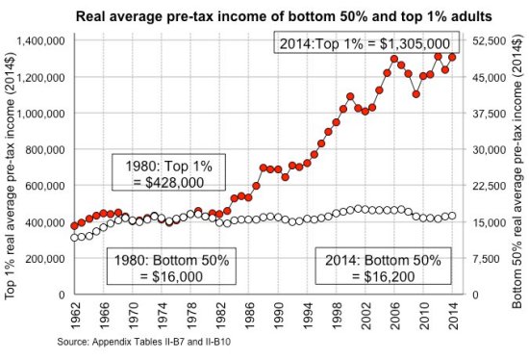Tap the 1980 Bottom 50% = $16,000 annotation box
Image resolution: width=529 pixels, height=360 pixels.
click(161, 267)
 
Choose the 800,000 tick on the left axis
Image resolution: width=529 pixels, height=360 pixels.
click(45, 149)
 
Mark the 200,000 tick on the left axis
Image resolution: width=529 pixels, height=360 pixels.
click(45, 258)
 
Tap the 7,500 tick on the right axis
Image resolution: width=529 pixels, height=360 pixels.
click(487, 258)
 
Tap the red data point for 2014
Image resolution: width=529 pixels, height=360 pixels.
click(452, 57)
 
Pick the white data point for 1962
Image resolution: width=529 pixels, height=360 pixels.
click(75, 237)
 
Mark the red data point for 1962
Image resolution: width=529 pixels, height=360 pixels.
click(75, 225)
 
